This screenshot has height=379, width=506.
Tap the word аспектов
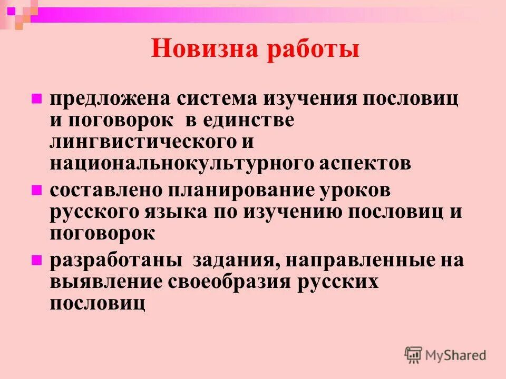[364, 163]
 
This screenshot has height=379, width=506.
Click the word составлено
[106, 191]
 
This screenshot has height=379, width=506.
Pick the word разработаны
[116, 261]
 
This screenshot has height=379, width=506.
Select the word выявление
[106, 282]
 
